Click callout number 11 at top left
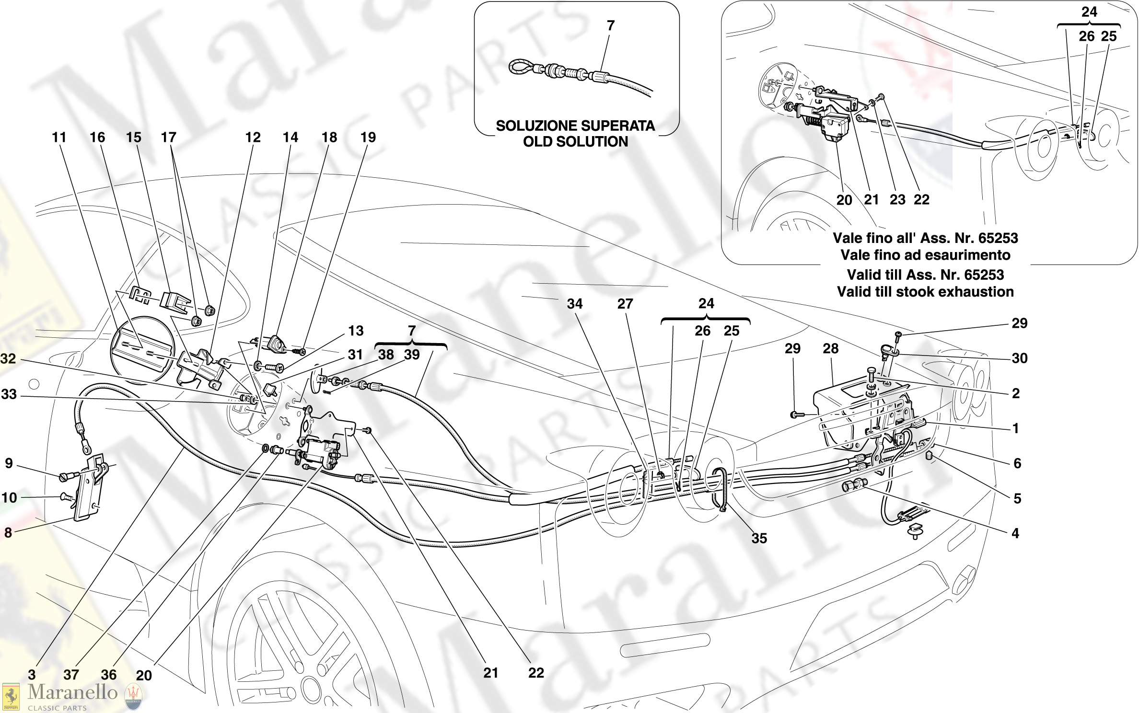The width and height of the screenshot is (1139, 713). click(x=58, y=138)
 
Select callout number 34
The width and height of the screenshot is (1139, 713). click(x=574, y=304)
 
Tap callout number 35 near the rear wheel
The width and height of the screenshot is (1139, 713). click(x=759, y=539)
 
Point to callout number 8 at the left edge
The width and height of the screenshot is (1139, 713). click(x=8, y=532)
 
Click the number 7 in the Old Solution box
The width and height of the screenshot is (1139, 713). click(x=610, y=26)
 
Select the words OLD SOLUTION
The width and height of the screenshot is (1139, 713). click(x=575, y=142)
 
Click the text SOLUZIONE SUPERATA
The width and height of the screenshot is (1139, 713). click(x=575, y=126)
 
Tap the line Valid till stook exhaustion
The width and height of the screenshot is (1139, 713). click(x=925, y=292)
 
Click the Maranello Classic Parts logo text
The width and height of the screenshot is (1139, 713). click(x=72, y=693)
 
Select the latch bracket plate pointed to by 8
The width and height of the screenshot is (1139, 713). click(x=89, y=489)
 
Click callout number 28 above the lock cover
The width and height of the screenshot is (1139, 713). click(x=830, y=349)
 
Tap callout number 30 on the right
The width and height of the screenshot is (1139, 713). click(x=1019, y=358)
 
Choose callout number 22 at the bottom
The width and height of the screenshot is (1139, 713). click(x=536, y=673)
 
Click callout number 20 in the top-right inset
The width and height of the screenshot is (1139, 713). click(x=844, y=200)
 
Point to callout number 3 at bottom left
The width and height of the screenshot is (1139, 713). click(x=32, y=675)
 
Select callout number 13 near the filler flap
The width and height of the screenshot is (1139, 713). click(x=356, y=331)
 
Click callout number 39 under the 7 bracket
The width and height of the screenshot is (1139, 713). click(x=411, y=355)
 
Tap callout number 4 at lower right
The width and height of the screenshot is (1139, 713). click(x=1015, y=533)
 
